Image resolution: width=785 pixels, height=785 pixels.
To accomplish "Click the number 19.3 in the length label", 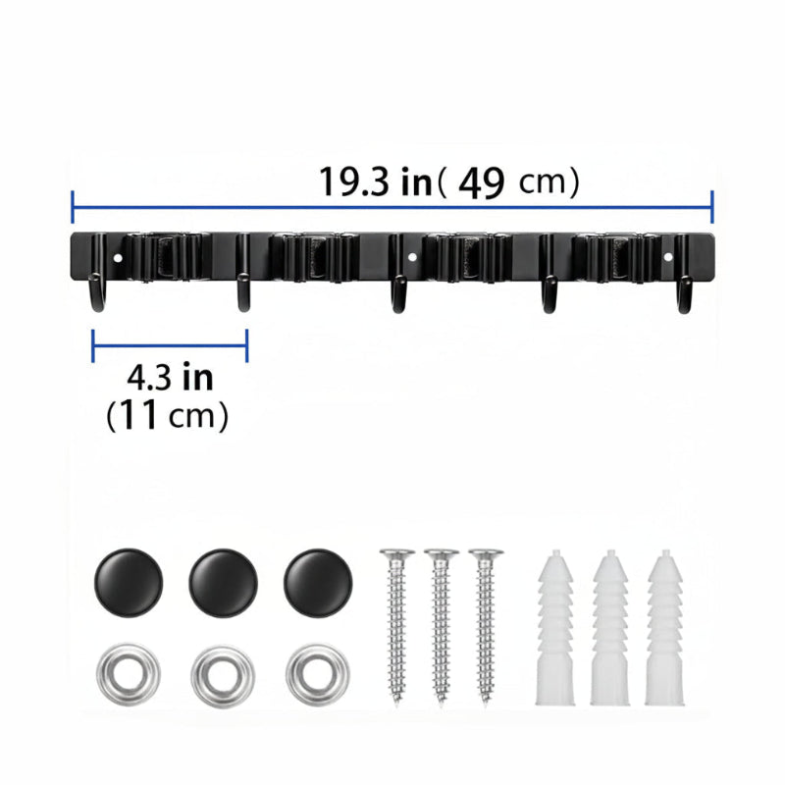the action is [353, 182].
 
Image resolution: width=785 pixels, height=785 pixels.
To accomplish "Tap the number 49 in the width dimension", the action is [481, 183].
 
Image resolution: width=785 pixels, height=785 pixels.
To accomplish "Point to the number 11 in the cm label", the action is [140, 415].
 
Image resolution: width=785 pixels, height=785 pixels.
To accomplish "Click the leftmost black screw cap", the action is [129, 583].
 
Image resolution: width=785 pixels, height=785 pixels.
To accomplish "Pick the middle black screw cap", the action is [224, 583].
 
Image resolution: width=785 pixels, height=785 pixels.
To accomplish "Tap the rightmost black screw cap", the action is [318, 583].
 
